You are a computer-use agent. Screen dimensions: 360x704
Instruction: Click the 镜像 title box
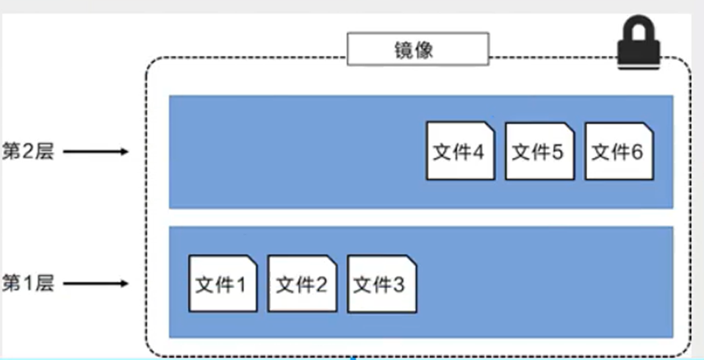[417, 49]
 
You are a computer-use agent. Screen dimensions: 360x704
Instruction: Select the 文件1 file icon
[223, 284]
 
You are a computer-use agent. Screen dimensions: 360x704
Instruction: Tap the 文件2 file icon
[301, 284]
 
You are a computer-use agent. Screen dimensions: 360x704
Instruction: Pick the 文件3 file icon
[381, 284]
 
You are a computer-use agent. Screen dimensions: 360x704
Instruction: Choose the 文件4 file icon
[460, 151]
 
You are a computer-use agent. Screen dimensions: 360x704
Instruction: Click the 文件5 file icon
[539, 151]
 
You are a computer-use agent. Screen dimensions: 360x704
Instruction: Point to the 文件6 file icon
[618, 151]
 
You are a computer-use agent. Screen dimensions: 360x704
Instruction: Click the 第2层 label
[28, 152]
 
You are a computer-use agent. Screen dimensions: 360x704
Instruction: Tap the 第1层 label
[28, 284]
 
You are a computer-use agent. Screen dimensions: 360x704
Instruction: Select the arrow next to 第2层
[95, 152]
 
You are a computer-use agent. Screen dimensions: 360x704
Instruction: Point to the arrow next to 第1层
[95, 284]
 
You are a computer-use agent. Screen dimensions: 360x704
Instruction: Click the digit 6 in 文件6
[636, 152]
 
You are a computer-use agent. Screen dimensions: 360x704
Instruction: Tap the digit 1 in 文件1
[241, 285]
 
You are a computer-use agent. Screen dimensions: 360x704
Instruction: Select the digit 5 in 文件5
[556, 152]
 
